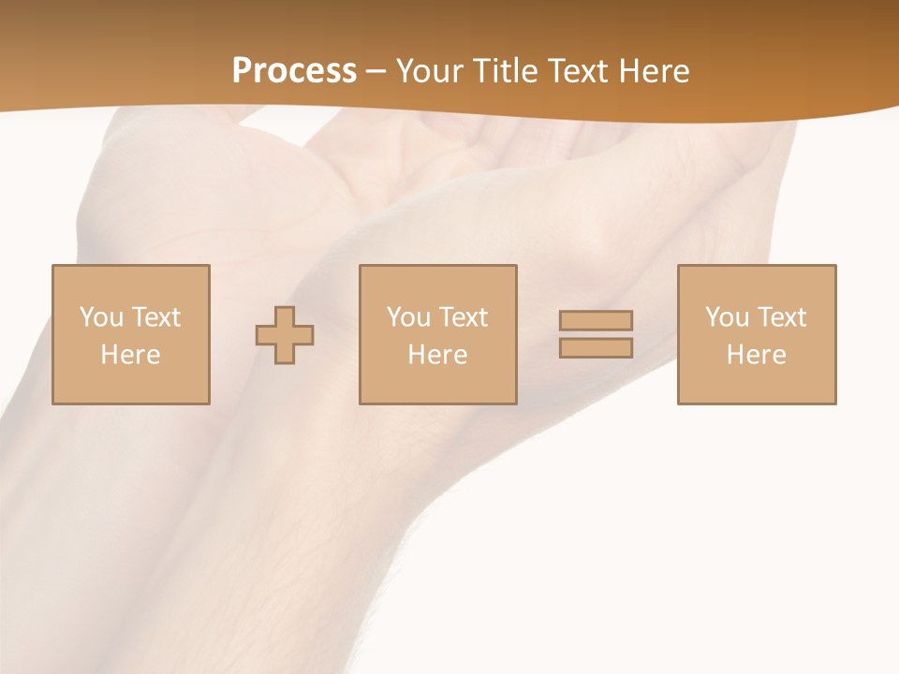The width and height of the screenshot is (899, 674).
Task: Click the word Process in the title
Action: click(294, 71)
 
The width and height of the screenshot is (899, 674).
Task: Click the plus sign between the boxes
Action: click(285, 334)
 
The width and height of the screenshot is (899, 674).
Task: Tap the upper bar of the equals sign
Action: click(596, 320)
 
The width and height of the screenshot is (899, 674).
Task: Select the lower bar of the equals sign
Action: click(596, 348)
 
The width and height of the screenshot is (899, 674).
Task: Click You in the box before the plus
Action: click(100, 317)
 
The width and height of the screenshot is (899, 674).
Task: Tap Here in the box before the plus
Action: click(130, 355)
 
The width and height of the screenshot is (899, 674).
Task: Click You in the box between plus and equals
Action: click(407, 317)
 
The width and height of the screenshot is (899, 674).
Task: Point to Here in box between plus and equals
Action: click(437, 355)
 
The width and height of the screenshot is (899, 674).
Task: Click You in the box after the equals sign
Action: click(726, 317)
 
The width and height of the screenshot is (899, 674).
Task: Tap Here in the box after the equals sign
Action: click(756, 355)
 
